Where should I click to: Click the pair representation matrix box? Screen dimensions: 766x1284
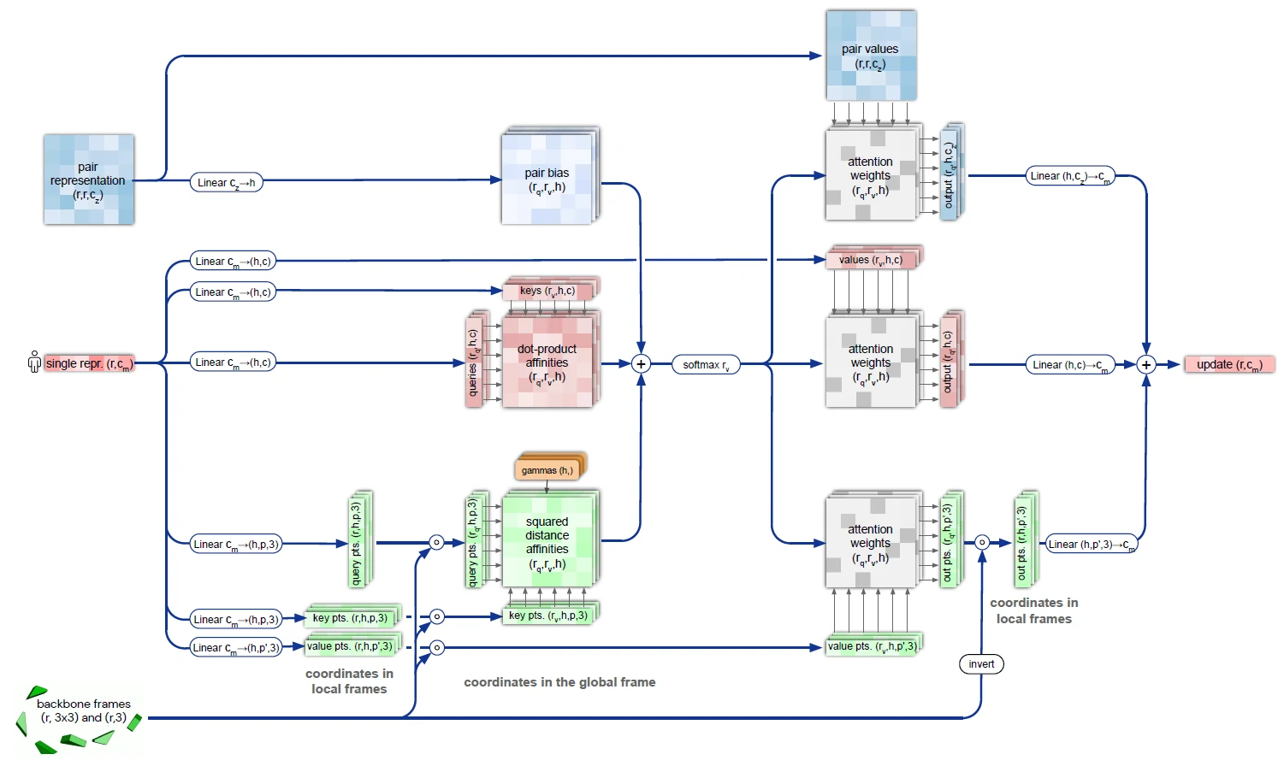(89, 180)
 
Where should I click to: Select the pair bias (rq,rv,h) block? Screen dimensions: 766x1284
(547, 180)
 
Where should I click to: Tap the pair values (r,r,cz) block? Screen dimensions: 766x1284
(871, 56)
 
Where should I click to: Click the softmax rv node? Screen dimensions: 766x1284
(706, 365)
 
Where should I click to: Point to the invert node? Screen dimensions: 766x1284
(981, 664)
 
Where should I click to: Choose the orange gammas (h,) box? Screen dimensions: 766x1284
(547, 470)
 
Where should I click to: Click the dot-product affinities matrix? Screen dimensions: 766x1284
(547, 362)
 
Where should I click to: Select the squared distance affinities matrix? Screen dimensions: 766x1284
(547, 542)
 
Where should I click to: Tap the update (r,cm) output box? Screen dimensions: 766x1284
(1229, 365)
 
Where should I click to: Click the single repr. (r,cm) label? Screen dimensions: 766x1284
(89, 364)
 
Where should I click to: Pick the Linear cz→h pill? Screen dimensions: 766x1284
(226, 183)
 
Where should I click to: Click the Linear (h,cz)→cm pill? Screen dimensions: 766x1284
(1069, 177)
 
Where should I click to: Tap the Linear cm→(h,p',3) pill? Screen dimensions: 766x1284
(235, 648)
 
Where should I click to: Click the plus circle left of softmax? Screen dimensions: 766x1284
(641, 365)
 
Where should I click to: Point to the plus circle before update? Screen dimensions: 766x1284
(1146, 365)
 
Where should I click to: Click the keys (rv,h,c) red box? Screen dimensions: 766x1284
(547, 292)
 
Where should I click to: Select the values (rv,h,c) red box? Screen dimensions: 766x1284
(871, 260)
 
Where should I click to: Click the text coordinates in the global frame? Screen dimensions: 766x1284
(559, 682)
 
